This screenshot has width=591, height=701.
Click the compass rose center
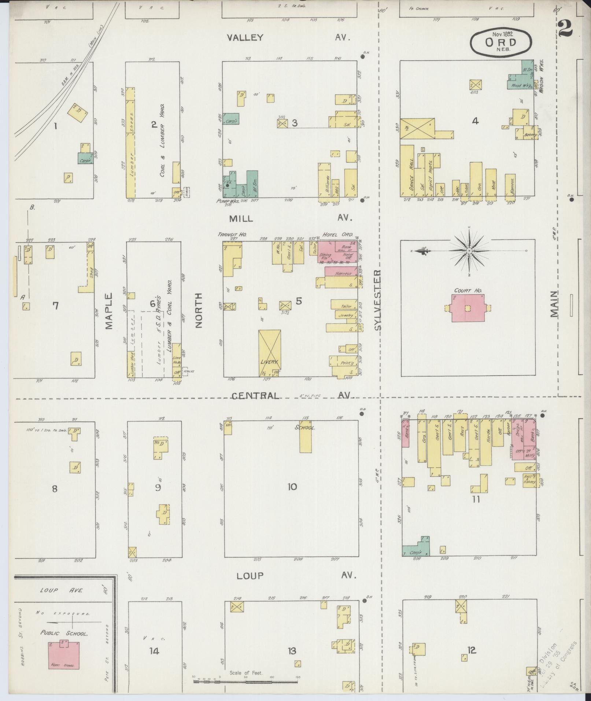[x=469, y=251]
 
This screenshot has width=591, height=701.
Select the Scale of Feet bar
[x=245, y=682]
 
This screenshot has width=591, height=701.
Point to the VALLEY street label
[x=245, y=37]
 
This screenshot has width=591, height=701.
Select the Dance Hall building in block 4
[x=407, y=171]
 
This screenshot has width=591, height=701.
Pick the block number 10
[x=292, y=487]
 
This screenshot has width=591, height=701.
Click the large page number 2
[x=566, y=28]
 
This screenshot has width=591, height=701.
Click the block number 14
[x=154, y=651]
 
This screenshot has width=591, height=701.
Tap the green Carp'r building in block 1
[x=85, y=159]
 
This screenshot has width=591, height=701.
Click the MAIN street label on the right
[x=554, y=305]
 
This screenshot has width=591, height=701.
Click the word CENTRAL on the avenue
[x=255, y=395]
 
